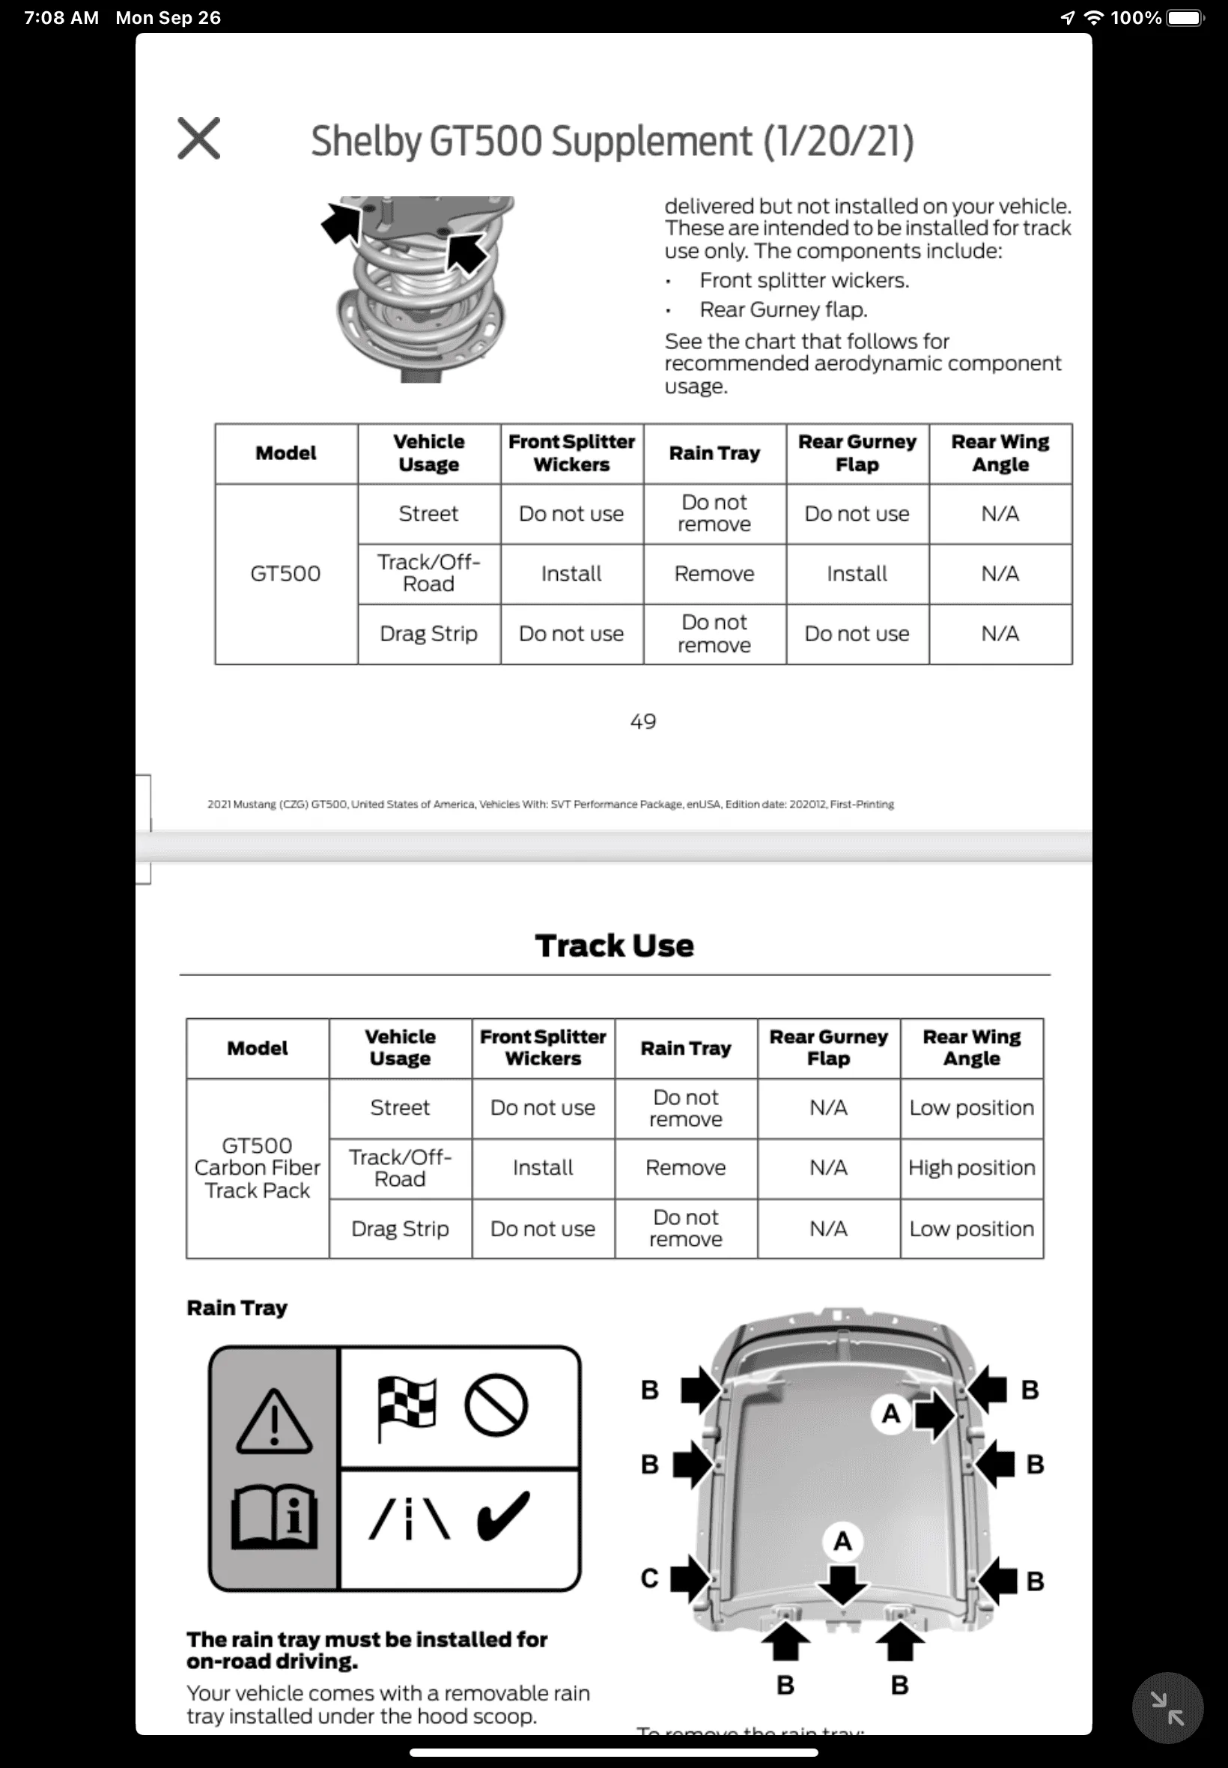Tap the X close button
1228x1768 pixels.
pyautogui.click(x=198, y=139)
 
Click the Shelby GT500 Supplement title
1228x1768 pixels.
pyautogui.click(x=613, y=142)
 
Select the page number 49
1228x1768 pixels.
pyautogui.click(x=643, y=721)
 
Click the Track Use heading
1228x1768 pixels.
pyautogui.click(x=614, y=945)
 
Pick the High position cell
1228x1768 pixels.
pyautogui.click(x=972, y=1168)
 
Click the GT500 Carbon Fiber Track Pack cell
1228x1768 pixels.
pyautogui.click(x=257, y=1168)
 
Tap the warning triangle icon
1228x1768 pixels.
pyautogui.click(x=274, y=1421)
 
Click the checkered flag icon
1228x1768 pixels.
pyautogui.click(x=407, y=1408)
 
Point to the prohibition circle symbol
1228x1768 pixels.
pyautogui.click(x=496, y=1405)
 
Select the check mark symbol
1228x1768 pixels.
pyautogui.click(x=504, y=1516)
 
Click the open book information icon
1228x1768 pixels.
pyautogui.click(x=274, y=1516)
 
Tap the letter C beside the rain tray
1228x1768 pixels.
pyautogui.click(x=649, y=1578)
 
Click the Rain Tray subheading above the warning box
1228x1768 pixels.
pyautogui.click(x=237, y=1308)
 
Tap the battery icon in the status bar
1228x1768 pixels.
pyautogui.click(x=1185, y=18)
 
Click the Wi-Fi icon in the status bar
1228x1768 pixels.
pyautogui.click(x=1093, y=18)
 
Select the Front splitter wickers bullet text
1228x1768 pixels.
pyautogui.click(x=804, y=280)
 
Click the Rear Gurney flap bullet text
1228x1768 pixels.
pyautogui.click(x=783, y=309)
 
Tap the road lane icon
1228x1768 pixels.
pyautogui.click(x=410, y=1517)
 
